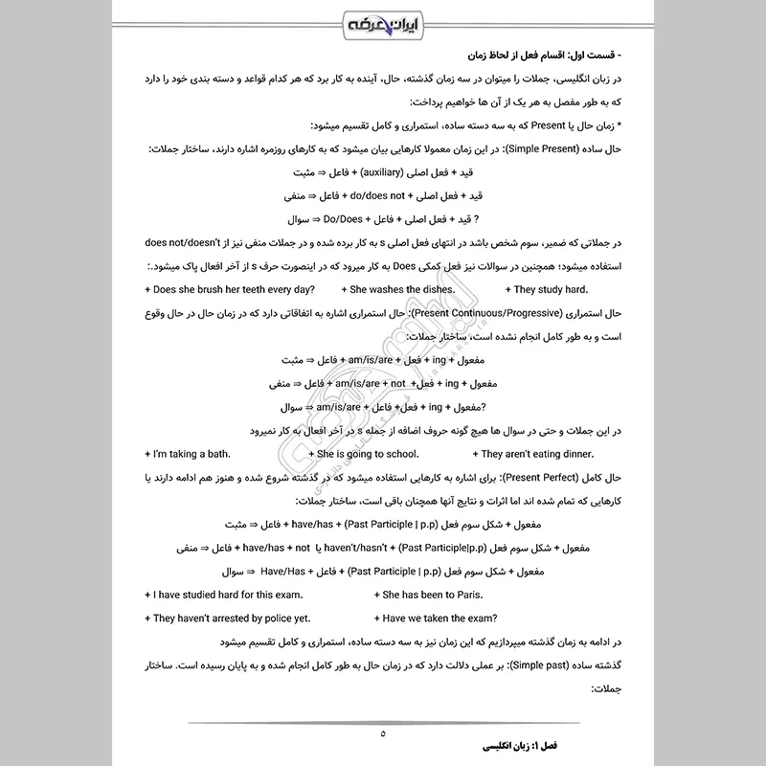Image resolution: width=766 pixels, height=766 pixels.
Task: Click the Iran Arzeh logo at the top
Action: (382, 22)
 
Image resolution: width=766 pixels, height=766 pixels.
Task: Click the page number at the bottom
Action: (382, 734)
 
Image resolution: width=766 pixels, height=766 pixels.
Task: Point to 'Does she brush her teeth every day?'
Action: (218, 290)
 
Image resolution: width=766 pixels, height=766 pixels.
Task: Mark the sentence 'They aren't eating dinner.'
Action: (539, 453)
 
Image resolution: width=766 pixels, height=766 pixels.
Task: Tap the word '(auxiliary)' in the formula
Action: (363, 173)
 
